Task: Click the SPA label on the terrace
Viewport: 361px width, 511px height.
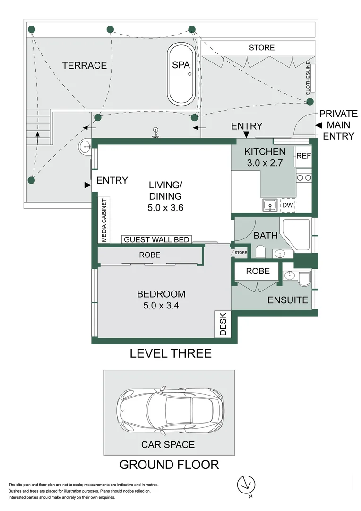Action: [180, 65]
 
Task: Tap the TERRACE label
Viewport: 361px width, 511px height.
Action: [85, 65]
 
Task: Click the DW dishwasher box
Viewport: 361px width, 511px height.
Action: [287, 205]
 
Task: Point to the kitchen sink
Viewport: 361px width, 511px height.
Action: [270, 205]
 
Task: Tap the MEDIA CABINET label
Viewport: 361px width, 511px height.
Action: [104, 220]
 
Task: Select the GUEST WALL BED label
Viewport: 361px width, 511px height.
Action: [156, 240]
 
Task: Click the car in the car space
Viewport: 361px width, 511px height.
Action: [171, 408]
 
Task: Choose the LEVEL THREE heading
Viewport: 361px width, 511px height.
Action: [171, 353]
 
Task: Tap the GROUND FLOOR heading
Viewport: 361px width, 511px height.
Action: [169, 464]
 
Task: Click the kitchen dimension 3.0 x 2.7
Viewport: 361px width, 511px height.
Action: [265, 163]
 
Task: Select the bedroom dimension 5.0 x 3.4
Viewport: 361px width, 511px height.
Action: [164, 305]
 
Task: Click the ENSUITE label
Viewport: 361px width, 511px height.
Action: [288, 300]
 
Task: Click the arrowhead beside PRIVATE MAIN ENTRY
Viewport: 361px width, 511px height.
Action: [318, 125]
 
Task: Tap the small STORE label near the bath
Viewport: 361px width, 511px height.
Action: [241, 253]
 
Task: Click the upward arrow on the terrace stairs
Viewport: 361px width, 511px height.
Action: [38, 137]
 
